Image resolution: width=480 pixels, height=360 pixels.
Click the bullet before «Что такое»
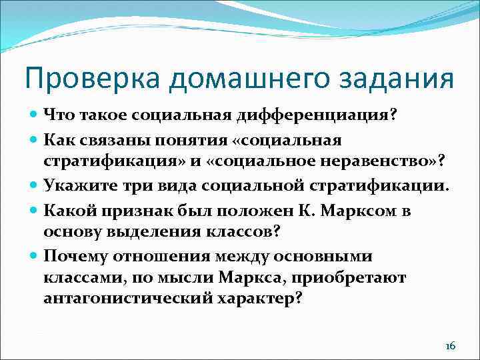coord(33,116)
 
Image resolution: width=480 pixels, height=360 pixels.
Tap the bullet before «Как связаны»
coord(33,141)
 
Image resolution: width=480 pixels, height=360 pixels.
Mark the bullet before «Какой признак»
coord(33,211)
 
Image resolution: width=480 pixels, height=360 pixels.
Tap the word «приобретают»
coord(359,277)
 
